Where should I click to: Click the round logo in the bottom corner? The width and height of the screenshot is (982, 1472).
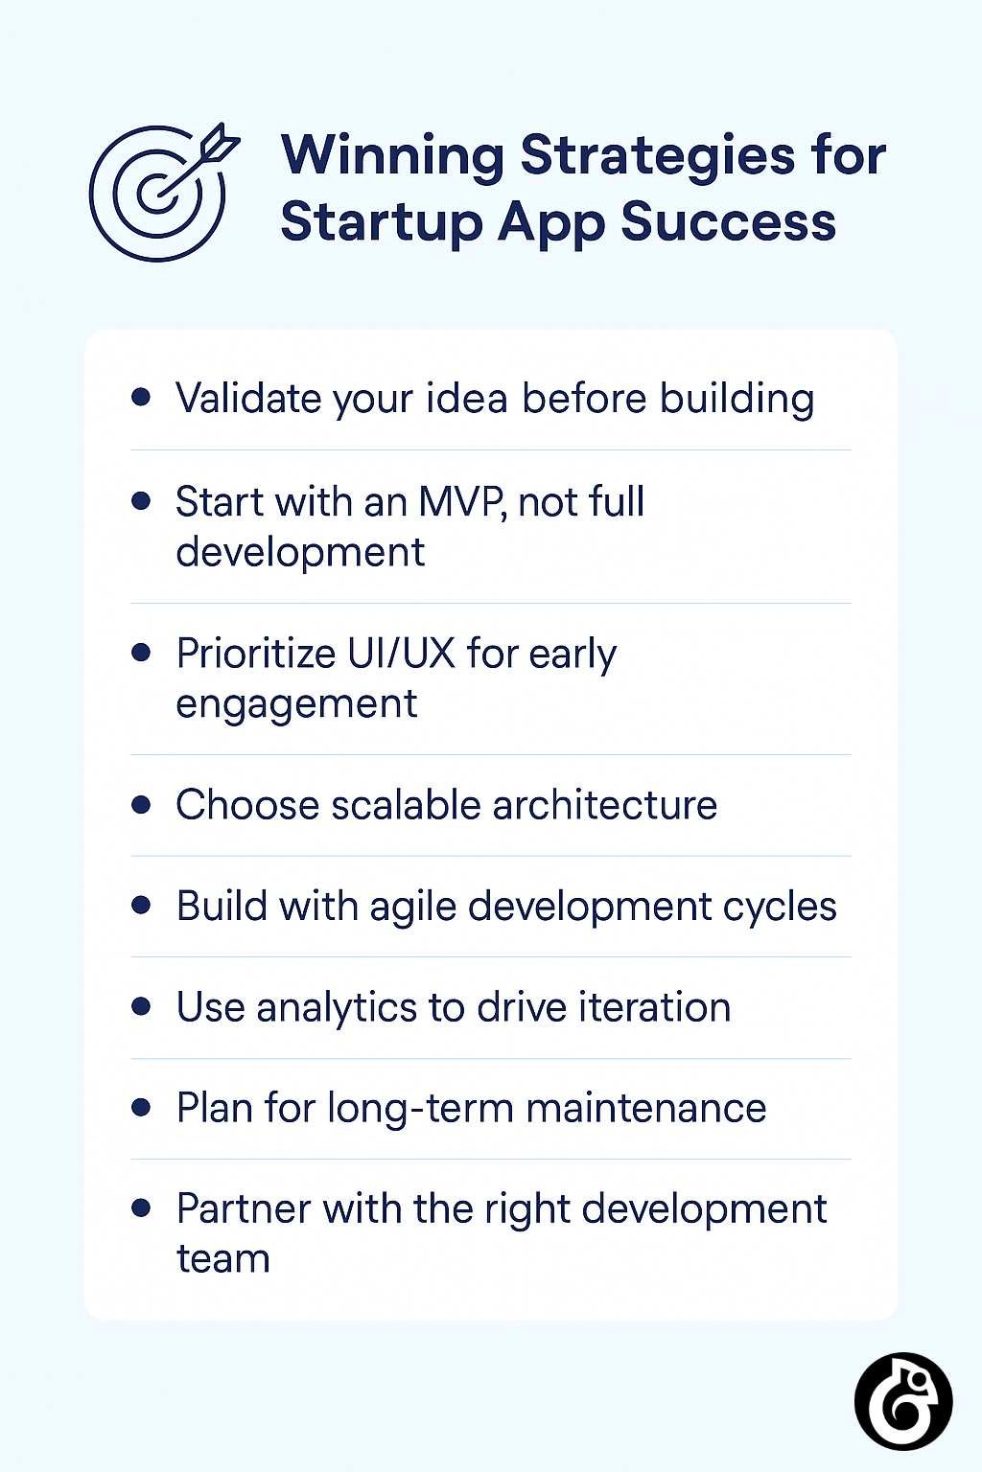coord(902,1400)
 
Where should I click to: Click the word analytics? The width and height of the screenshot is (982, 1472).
coord(336,1008)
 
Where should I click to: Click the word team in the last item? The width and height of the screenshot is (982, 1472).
coord(222,1259)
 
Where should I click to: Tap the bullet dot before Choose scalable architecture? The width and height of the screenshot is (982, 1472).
coord(142,805)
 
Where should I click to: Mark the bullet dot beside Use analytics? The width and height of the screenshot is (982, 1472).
coord(142,1007)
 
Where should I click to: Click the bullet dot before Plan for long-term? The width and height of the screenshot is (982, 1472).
coord(142,1108)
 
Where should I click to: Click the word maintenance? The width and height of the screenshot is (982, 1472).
coord(646,1109)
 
